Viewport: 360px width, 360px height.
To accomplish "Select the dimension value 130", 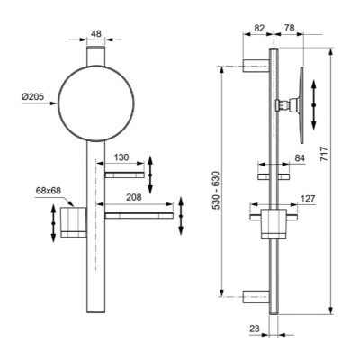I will [x=122, y=157].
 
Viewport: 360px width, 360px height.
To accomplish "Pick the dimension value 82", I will [x=258, y=28].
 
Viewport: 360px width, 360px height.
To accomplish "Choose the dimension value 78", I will [x=288, y=28].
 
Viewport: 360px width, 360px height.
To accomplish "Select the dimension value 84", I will [x=298, y=160].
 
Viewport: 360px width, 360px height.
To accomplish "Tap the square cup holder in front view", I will [x=74, y=224].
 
